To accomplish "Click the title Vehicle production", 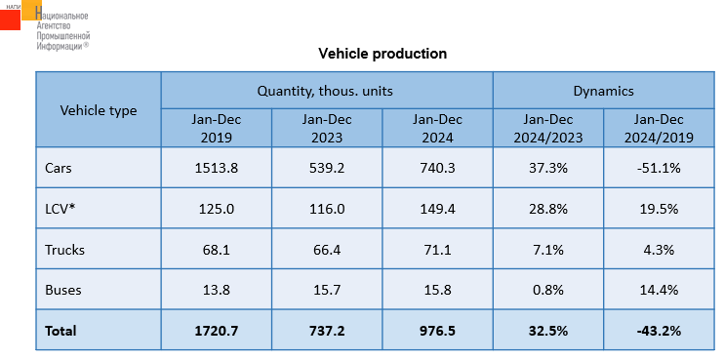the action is click(x=382, y=54).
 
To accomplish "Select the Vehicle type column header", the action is click(x=99, y=111).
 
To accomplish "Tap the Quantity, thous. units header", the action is click(x=325, y=91).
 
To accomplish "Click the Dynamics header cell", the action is click(x=603, y=91).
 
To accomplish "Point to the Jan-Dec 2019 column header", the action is click(x=216, y=129).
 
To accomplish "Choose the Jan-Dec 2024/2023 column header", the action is click(x=548, y=129).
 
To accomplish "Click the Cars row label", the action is click(x=59, y=168).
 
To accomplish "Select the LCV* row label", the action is click(x=60, y=209).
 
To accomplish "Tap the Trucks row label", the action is click(x=64, y=250).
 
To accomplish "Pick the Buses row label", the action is click(x=63, y=291).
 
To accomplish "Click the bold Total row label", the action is click(x=60, y=331).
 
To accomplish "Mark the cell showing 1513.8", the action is click(x=216, y=168).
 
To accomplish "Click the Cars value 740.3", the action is click(x=437, y=168).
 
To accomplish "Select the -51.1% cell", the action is click(x=659, y=168).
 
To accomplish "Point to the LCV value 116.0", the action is click(x=327, y=209).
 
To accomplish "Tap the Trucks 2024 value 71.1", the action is click(x=437, y=250).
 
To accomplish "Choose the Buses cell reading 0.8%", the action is click(x=548, y=291).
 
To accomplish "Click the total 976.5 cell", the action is click(x=437, y=331).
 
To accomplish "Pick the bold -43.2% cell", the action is click(x=659, y=331).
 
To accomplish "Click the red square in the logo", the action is click(x=10, y=20).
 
